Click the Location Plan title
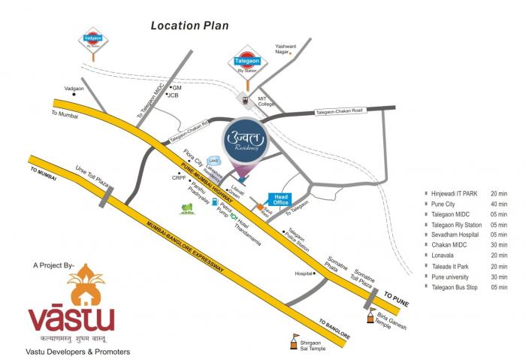[x=189, y=26]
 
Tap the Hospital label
[x=303, y=274]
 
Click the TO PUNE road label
[x=398, y=295]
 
